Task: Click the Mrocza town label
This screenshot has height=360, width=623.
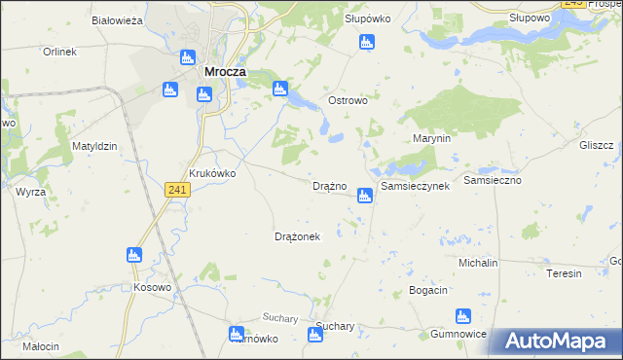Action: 225,71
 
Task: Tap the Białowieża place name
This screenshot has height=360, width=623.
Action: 117,19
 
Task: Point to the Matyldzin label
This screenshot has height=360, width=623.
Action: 94,146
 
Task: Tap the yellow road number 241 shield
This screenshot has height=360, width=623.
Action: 177,189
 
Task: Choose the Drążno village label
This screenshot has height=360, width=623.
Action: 329,186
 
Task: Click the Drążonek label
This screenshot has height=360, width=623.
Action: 298,236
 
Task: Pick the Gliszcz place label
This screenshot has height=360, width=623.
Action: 595,145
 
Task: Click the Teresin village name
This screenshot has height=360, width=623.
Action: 563,273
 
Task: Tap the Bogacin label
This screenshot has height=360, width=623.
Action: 428,291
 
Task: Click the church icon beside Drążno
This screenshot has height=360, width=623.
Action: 364,196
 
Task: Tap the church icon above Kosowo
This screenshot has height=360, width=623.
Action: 134,256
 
